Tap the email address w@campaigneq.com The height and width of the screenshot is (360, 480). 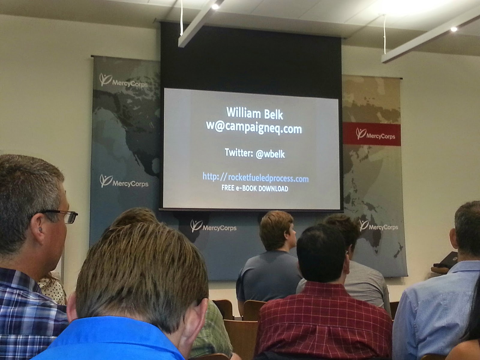pos(254,128)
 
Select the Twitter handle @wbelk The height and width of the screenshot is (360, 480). pos(270,154)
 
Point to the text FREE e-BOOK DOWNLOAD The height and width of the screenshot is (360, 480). pos(254,188)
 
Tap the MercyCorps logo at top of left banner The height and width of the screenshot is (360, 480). pos(123,81)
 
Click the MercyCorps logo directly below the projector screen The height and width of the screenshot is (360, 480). pos(213,226)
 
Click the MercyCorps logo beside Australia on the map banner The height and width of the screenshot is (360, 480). pos(379,226)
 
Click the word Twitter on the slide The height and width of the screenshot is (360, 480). pos(239,152)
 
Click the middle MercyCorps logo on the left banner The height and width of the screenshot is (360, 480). pos(124,181)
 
